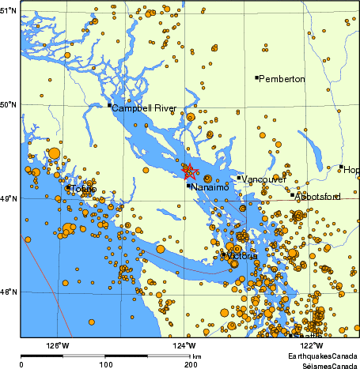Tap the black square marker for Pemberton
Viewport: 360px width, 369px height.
tap(257, 77)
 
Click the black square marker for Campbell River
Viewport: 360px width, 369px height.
tap(109, 105)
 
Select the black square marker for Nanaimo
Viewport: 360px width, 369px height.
tap(189, 186)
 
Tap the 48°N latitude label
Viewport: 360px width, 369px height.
tap(8, 292)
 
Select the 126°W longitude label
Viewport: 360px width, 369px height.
tap(57, 345)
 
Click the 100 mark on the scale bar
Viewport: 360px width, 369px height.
tap(105, 364)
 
